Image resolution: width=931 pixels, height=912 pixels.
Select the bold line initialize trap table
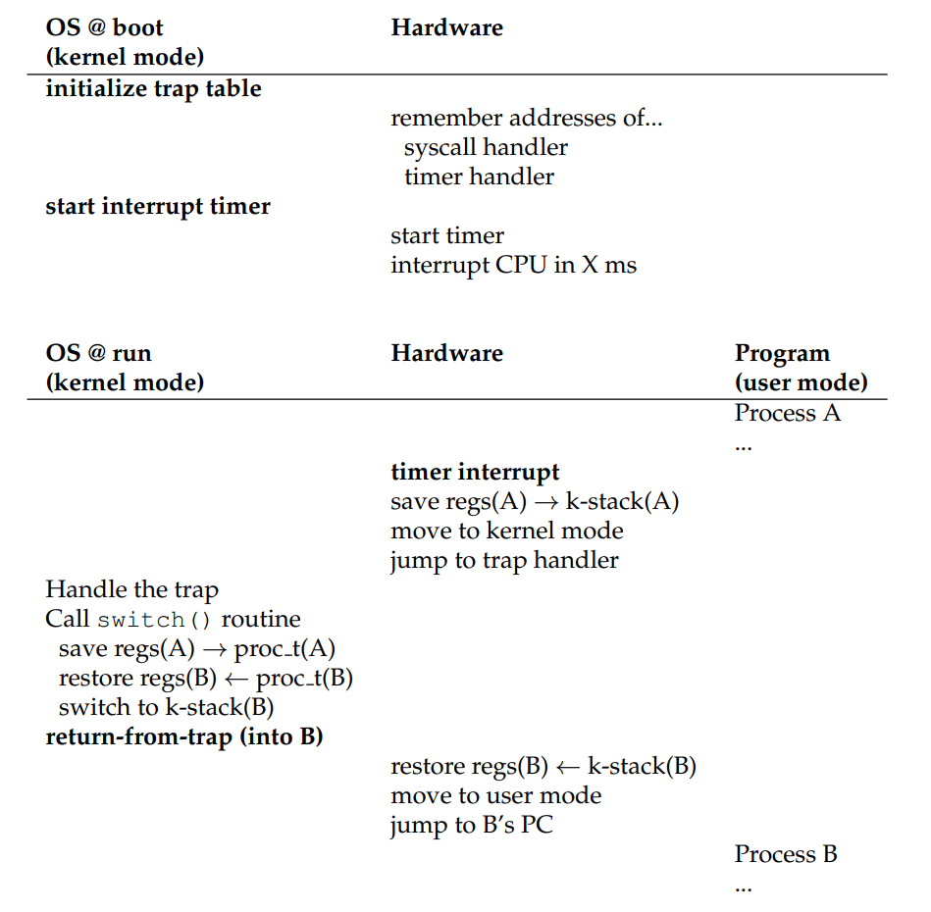pyautogui.click(x=153, y=88)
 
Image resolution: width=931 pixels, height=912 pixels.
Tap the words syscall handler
pyautogui.click(x=486, y=147)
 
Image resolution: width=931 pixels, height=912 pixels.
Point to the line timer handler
pyautogui.click(x=479, y=177)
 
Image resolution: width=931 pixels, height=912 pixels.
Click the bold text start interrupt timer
pyautogui.click(x=158, y=206)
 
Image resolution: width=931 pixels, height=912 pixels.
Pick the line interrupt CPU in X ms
pyautogui.click(x=513, y=265)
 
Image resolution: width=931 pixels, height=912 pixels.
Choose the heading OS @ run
pyautogui.click(x=99, y=353)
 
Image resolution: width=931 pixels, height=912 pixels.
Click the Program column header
pyautogui.click(x=782, y=353)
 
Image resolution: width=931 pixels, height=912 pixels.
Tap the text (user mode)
pyautogui.click(x=801, y=382)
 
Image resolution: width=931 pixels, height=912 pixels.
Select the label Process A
pyautogui.click(x=788, y=413)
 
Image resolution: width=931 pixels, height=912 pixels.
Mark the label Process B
pyautogui.click(x=786, y=854)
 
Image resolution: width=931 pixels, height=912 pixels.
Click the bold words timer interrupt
pyautogui.click(x=475, y=472)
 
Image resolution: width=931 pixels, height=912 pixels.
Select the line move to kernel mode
pyautogui.click(x=506, y=531)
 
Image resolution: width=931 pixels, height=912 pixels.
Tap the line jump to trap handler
pyautogui.click(x=504, y=560)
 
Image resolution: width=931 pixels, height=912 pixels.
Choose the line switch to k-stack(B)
pyautogui.click(x=166, y=707)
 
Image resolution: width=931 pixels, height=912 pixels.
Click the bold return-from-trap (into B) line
pyautogui.click(x=184, y=736)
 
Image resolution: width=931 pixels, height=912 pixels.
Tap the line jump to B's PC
pyautogui.click(x=471, y=825)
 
